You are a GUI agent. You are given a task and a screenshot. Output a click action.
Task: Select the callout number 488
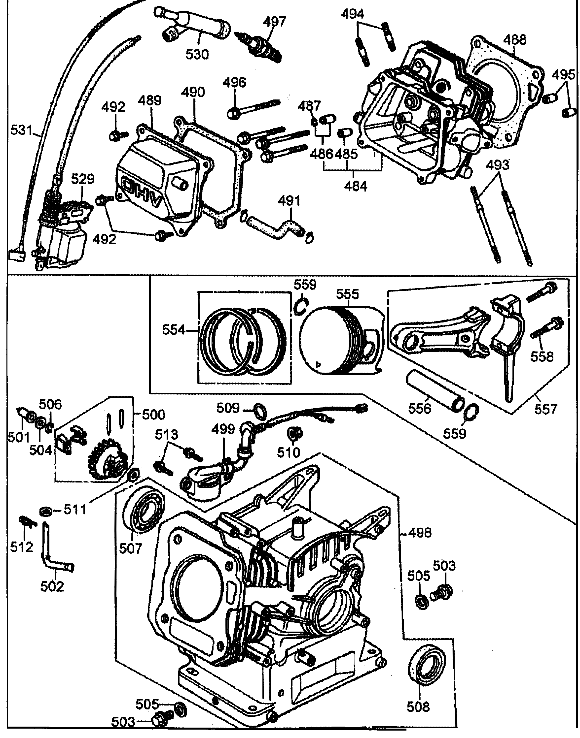coord(515,40)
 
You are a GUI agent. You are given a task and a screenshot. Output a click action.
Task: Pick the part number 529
coord(83,179)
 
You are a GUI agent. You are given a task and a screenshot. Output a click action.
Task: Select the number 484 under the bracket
coord(356,186)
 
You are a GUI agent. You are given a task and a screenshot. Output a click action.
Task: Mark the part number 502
coord(52,586)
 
